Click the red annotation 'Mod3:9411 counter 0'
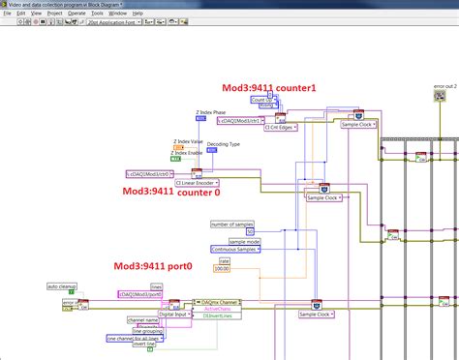(169, 192)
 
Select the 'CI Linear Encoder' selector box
(198, 181)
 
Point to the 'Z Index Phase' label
(213, 112)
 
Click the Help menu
(138, 14)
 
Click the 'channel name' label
(141, 320)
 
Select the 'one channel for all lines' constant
(133, 338)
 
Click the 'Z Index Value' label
(188, 142)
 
